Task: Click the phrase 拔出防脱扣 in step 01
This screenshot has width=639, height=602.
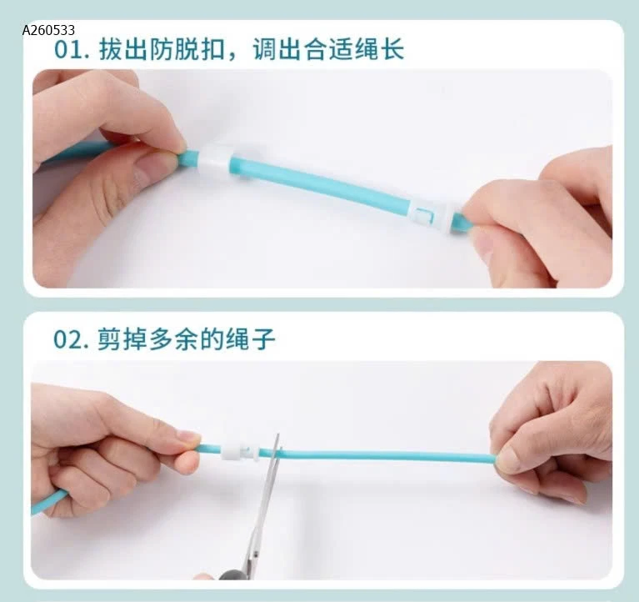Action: (159, 48)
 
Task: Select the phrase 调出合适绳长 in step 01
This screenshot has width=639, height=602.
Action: (328, 48)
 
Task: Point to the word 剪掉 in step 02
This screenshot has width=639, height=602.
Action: (122, 339)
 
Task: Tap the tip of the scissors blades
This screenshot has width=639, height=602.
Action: (275, 439)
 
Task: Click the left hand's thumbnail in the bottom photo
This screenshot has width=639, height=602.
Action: (188, 437)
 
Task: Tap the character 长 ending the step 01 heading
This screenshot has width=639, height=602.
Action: (392, 48)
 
